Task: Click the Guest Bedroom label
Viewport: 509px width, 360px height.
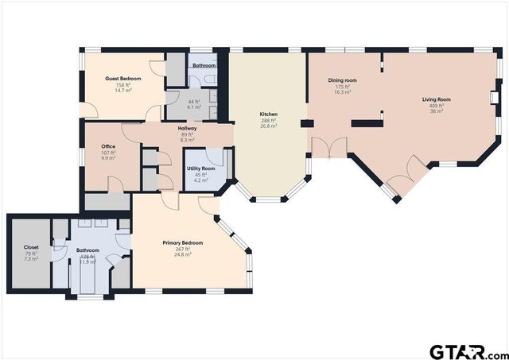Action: coord(123,79)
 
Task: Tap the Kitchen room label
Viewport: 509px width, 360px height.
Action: coord(269,114)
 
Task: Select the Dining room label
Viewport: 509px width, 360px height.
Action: coord(343,80)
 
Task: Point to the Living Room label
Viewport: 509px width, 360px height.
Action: coord(436,99)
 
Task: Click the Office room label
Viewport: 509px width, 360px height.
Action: coord(108,146)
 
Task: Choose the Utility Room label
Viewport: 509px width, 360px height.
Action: coord(200,168)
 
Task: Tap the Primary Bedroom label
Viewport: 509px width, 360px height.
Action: coord(182,242)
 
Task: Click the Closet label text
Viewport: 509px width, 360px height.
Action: coord(31,247)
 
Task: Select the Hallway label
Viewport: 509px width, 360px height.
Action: coord(187,128)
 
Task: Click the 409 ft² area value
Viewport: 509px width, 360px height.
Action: coord(436,106)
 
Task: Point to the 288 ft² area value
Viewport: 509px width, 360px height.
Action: coord(269,120)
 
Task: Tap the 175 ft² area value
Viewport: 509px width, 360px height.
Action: coord(343,87)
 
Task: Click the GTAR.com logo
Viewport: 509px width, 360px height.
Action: coord(467,350)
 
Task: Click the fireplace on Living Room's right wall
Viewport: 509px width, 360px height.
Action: coord(494,96)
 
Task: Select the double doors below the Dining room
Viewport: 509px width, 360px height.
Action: coord(328,147)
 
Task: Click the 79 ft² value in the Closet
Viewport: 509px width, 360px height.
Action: coord(31,254)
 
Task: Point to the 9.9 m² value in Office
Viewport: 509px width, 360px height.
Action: coord(108,158)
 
